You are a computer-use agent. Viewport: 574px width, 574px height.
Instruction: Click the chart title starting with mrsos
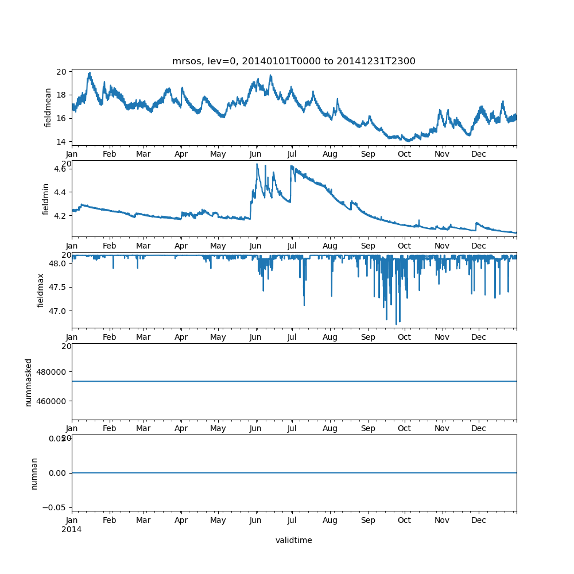(294, 61)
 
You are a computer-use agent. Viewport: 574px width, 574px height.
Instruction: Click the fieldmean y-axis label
(48, 107)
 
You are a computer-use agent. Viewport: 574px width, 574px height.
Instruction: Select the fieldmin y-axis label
(46, 199)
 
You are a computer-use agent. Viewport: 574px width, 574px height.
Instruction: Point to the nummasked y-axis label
(29, 382)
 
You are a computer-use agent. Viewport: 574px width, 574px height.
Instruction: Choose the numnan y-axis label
(34, 473)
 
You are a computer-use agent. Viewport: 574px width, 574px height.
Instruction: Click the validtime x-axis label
(293, 540)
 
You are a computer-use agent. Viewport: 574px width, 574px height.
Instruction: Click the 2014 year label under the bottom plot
(71, 529)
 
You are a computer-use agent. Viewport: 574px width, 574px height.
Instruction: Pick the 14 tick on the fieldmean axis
(61, 141)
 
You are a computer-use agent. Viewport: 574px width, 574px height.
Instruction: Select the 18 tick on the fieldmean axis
(61, 95)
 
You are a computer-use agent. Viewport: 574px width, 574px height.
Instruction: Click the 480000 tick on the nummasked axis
(52, 371)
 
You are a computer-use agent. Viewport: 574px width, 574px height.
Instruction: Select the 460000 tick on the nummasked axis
(52, 401)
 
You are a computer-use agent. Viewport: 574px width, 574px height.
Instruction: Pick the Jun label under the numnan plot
(255, 521)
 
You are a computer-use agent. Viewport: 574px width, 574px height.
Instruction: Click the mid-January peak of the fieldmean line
(90, 73)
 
